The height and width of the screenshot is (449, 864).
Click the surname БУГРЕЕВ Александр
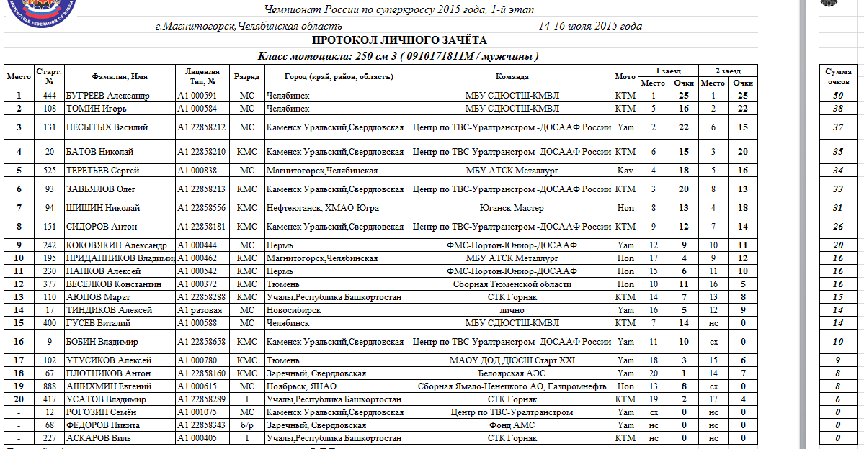[x=107, y=96]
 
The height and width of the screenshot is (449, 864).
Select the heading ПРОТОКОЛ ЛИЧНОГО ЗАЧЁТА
[x=400, y=41]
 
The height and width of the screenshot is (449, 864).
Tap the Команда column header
[x=512, y=76]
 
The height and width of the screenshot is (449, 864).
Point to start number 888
[x=50, y=386]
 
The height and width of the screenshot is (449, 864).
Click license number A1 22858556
[x=202, y=208]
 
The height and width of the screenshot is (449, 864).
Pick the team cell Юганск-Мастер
[x=512, y=208]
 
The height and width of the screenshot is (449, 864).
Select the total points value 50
[x=837, y=96]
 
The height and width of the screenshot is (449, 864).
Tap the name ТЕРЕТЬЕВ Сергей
[x=102, y=171]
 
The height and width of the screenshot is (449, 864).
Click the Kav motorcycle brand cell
[x=625, y=171]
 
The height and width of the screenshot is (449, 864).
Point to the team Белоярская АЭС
[x=512, y=373]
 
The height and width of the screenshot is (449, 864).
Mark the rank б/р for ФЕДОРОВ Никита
[x=247, y=425]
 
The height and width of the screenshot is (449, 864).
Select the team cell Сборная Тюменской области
[x=512, y=284]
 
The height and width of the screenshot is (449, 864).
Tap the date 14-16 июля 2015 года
[x=590, y=27]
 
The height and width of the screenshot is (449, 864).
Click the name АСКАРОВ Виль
[x=97, y=438]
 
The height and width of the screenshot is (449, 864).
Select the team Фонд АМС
[x=512, y=425]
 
